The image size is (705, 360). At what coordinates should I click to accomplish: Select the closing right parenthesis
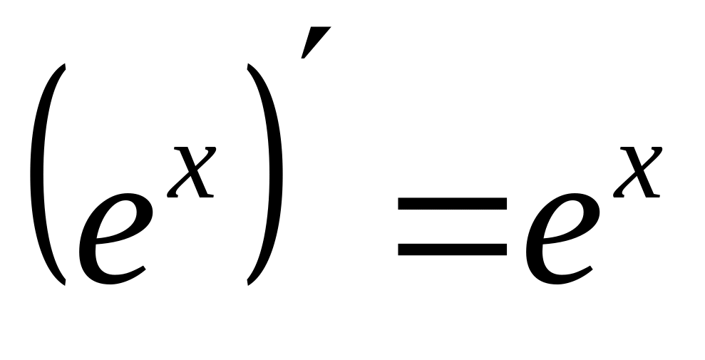tap(270, 175)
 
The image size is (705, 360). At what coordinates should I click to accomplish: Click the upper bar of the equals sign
tap(452, 205)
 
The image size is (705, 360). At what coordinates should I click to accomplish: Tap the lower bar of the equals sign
tap(452, 249)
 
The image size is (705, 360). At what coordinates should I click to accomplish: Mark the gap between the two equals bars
tap(452, 227)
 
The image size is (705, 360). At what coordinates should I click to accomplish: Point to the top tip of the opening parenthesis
tap(66, 66)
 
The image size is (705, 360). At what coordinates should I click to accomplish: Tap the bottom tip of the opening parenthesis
tap(66, 284)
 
